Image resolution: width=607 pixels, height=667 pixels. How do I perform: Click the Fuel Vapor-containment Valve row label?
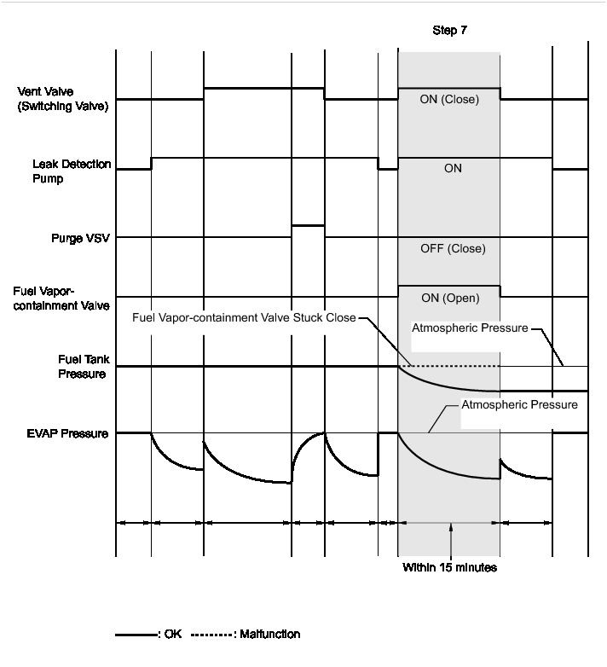[61, 299]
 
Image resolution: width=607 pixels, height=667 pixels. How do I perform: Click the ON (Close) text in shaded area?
[449, 100]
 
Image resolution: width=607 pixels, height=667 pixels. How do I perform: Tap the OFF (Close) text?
[453, 249]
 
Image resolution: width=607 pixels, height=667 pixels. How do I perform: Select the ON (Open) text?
[450, 299]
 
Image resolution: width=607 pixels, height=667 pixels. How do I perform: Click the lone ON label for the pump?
[453, 169]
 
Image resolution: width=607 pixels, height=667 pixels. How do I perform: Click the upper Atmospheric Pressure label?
[470, 328]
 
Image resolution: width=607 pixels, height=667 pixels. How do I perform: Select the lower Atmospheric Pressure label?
[519, 405]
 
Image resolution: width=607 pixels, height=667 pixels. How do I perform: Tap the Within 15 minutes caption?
[449, 566]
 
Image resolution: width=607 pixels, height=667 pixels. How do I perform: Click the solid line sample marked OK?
[136, 635]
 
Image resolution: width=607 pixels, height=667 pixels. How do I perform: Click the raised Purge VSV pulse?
[308, 225]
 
